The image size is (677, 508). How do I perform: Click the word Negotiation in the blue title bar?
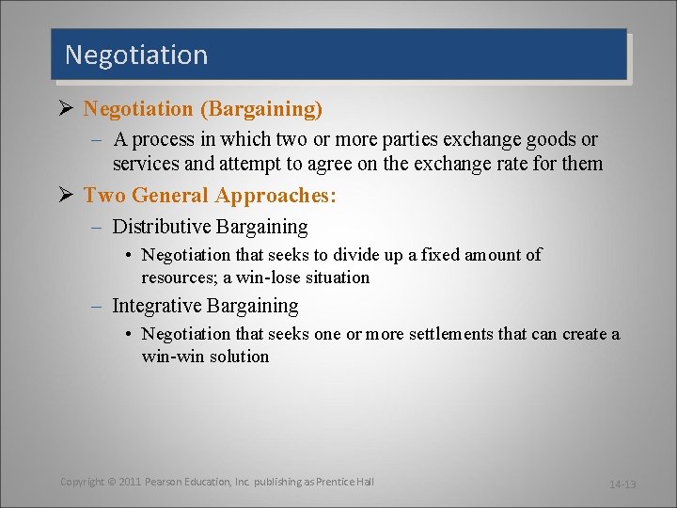pyautogui.click(x=136, y=56)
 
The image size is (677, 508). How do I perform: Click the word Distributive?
pyautogui.click(x=161, y=227)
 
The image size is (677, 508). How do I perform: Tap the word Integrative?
pyautogui.click(x=157, y=306)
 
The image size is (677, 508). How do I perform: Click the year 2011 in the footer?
pyautogui.click(x=131, y=482)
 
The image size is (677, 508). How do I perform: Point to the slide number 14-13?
pyautogui.click(x=622, y=484)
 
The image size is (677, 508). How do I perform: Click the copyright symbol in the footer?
pyautogui.click(x=110, y=482)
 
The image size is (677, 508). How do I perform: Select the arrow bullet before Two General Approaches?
pyautogui.click(x=67, y=196)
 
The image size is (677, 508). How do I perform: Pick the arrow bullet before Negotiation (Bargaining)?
pyautogui.click(x=67, y=109)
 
